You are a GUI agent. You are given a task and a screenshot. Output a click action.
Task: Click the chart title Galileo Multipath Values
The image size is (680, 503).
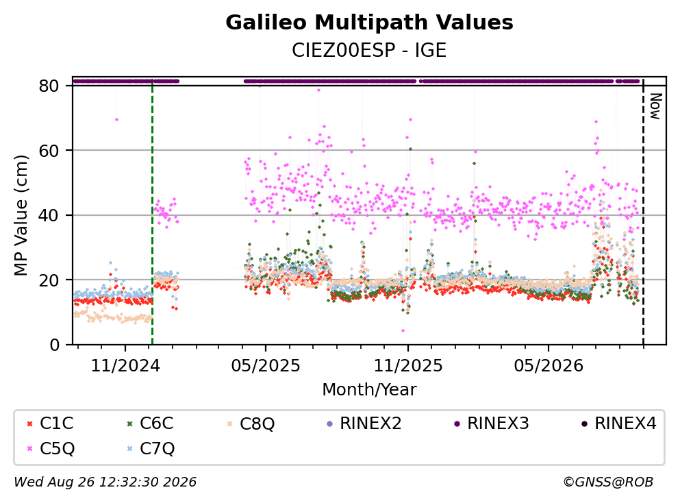[x=369, y=23]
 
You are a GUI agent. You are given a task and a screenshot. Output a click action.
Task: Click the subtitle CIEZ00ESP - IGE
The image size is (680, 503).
[x=369, y=51]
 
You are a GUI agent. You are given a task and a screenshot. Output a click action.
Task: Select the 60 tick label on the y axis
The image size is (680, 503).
[x=49, y=151]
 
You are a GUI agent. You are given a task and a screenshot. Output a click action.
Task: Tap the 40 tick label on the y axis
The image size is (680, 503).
[x=49, y=215]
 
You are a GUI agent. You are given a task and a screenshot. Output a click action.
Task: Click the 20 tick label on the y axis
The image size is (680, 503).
[x=49, y=280]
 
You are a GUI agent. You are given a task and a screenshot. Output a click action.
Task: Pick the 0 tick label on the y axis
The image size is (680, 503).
[x=55, y=345]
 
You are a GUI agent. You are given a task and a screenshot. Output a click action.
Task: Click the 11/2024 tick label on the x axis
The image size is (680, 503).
[x=125, y=366]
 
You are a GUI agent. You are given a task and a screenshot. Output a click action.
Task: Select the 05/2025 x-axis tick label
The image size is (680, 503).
[x=266, y=366]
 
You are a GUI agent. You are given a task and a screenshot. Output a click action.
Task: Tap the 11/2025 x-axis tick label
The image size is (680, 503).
[x=408, y=366]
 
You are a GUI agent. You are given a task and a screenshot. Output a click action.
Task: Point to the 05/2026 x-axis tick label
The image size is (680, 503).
[x=549, y=366]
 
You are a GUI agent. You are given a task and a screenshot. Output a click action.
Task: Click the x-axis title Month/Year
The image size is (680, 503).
[x=369, y=390]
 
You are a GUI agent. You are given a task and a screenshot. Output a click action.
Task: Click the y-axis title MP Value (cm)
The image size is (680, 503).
[x=21, y=215]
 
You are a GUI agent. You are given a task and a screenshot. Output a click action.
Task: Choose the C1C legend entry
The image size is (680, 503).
[x=50, y=423]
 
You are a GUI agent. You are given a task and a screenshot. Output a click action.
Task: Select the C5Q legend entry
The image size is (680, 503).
[x=51, y=448]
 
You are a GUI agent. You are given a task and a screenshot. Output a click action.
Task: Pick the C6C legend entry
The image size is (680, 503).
[x=150, y=423]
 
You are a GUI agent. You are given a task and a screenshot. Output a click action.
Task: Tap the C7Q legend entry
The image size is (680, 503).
[x=151, y=448]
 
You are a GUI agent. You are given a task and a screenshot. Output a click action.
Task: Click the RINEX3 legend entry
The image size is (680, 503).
[x=492, y=423]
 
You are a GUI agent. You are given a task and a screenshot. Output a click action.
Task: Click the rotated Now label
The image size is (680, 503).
[x=656, y=106]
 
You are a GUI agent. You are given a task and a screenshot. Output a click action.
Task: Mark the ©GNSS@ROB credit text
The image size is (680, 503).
[x=608, y=482]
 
